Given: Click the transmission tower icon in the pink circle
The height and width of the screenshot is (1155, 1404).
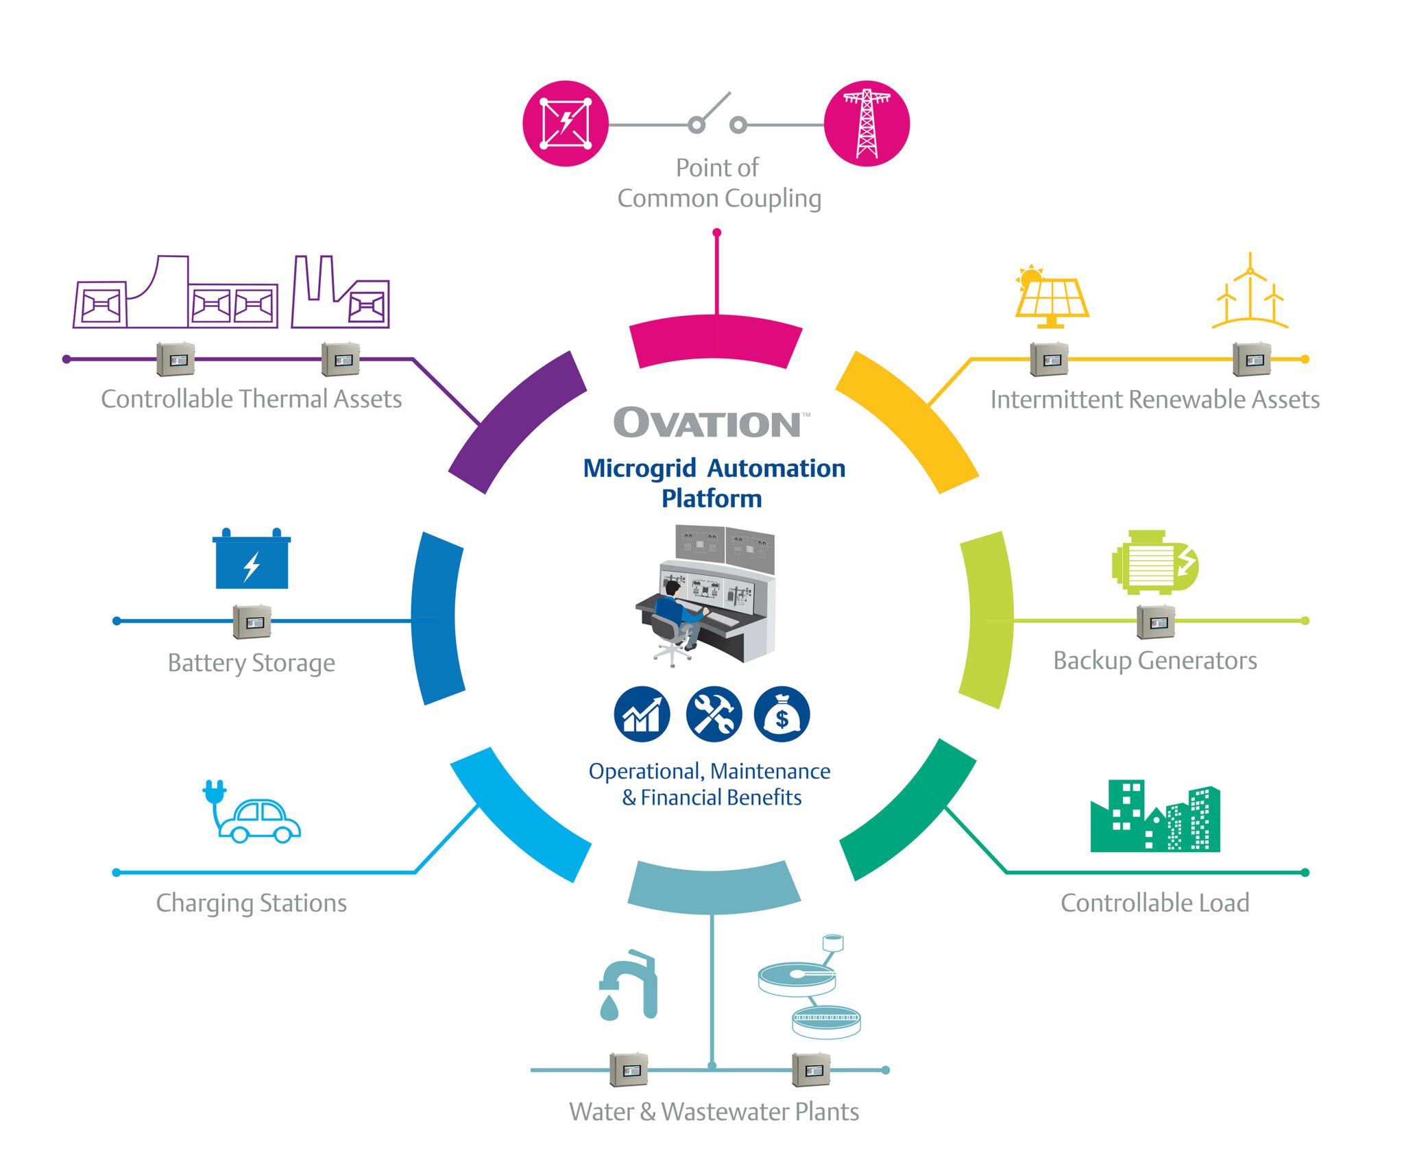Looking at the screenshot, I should tap(867, 123).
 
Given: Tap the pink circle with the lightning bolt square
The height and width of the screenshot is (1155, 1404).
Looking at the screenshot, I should tap(566, 123).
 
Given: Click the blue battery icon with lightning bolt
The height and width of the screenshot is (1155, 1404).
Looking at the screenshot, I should tap(252, 560).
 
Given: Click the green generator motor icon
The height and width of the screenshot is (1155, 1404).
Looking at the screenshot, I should tap(1154, 562).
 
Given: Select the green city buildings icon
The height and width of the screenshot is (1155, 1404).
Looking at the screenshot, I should tap(1154, 818).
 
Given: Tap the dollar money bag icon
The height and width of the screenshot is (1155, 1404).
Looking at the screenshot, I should tap(782, 714).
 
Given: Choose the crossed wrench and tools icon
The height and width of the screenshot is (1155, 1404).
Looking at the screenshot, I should tap(713, 714).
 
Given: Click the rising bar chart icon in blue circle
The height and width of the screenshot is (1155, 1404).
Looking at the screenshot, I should tap(642, 714).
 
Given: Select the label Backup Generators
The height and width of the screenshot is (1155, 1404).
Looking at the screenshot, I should tap(1154, 660).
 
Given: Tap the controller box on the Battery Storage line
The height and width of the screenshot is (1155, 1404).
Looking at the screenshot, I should tap(252, 621).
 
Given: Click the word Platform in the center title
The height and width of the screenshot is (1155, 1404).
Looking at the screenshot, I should tap(712, 498).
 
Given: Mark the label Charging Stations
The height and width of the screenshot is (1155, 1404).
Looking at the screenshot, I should tap(252, 903).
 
